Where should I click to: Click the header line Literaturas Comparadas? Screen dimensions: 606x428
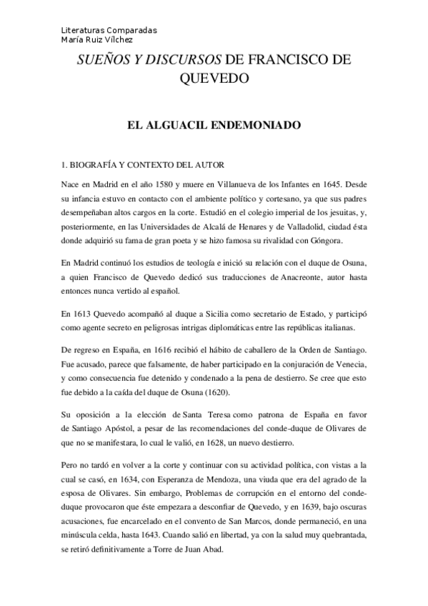click(x=109, y=31)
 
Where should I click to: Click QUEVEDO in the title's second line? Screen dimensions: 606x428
click(x=214, y=79)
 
